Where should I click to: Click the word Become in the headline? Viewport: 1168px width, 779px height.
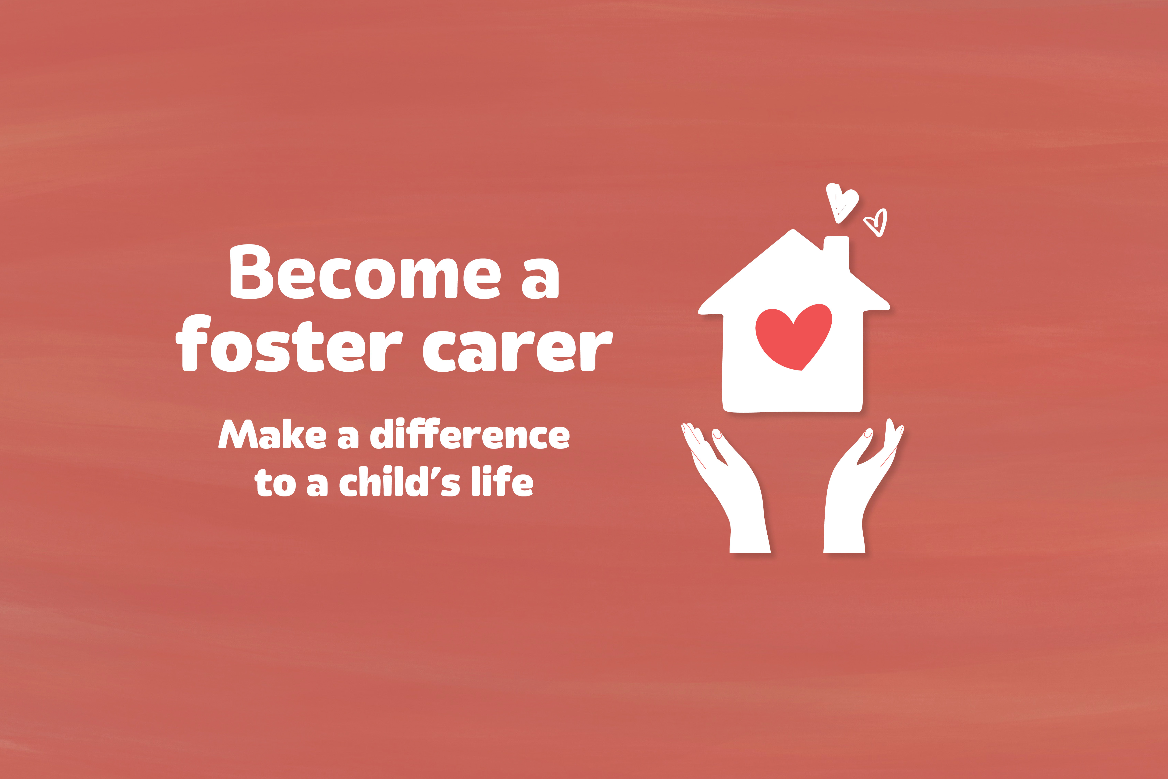(366, 272)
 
